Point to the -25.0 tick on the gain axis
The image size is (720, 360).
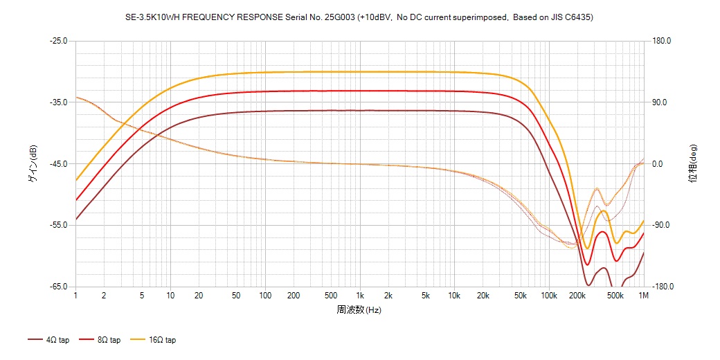[58, 41]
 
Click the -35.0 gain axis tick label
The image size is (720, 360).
[58, 102]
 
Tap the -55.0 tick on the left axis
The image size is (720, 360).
[58, 226]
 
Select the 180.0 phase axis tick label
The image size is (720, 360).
[662, 41]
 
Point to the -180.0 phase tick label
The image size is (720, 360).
[661, 287]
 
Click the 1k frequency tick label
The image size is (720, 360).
[359, 296]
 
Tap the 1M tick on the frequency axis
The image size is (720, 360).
[644, 296]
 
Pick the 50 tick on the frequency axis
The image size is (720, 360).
[237, 296]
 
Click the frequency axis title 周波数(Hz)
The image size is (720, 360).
[359, 310]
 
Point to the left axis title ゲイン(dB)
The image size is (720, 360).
[33, 164]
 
